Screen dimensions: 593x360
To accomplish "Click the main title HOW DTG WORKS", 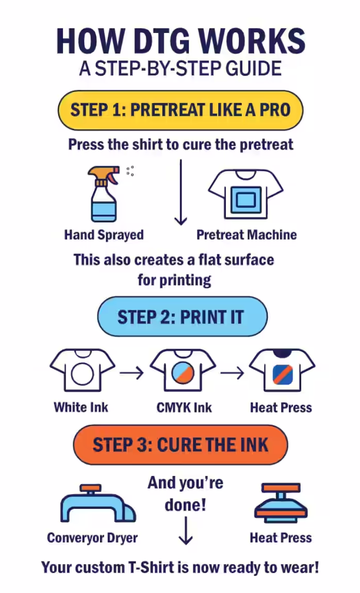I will tap(180, 41).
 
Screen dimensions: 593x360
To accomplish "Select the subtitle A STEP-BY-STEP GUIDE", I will tap(180, 69).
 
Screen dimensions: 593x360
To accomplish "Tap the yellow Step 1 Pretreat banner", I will tap(180, 110).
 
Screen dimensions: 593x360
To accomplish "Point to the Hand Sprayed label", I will tap(104, 235).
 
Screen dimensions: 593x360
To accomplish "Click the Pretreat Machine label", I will tap(247, 235).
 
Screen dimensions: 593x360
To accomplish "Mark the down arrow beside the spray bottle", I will tap(180, 192).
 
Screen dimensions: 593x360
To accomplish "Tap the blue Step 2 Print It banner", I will tap(182, 317).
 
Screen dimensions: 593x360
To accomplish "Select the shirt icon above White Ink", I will tap(82, 370).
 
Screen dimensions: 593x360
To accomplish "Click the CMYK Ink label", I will tap(184, 407).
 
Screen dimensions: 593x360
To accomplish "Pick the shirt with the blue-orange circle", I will tap(183, 370).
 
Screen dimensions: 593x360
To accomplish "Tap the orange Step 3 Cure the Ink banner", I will tap(180, 444).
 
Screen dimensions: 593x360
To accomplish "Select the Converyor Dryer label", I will tap(92, 538).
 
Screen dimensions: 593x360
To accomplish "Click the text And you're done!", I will tap(185, 493).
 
